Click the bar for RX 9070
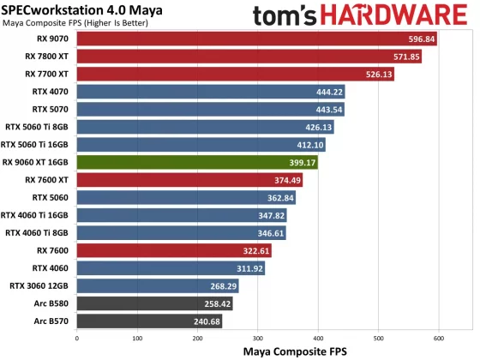[x=257, y=39]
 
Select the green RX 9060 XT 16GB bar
[x=197, y=162]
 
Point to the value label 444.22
[x=329, y=92]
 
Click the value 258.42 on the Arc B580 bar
[x=217, y=303]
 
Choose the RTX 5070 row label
[x=51, y=110]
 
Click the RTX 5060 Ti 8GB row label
[x=38, y=127]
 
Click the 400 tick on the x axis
[x=318, y=339]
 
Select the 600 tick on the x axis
[x=439, y=339]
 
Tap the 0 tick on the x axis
[x=77, y=339]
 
